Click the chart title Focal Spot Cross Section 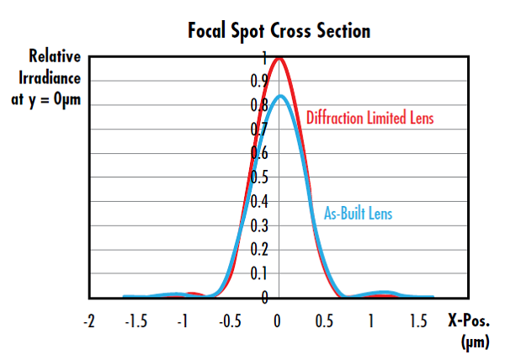tap(279, 31)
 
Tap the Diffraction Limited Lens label tap(369, 118)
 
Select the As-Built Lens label tap(359, 214)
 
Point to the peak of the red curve tap(279, 58)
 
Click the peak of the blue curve tap(280, 96)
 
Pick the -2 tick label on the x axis tap(89, 321)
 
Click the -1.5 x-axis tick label tap(134, 321)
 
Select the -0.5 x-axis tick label tap(228, 321)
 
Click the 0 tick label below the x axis tap(279, 321)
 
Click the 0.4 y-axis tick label tap(263, 202)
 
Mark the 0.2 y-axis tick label tap(263, 250)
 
